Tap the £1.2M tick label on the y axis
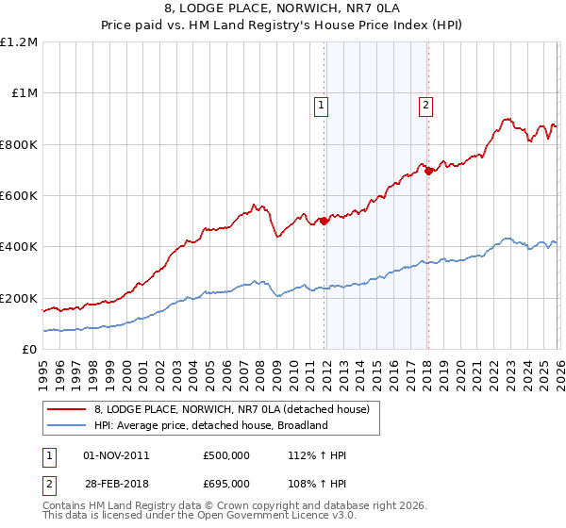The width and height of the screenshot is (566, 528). click(19, 42)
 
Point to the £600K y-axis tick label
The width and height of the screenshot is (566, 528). click(19, 196)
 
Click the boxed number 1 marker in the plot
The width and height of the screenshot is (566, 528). click(323, 106)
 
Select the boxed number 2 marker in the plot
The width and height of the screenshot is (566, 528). click(426, 106)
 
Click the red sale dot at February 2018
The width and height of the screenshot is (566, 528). click(428, 172)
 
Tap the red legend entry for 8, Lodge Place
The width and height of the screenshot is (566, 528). click(236, 409)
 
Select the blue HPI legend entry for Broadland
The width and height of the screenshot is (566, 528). click(209, 425)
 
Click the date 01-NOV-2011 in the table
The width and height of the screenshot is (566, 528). click(116, 455)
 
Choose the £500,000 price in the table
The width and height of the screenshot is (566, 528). click(226, 455)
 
